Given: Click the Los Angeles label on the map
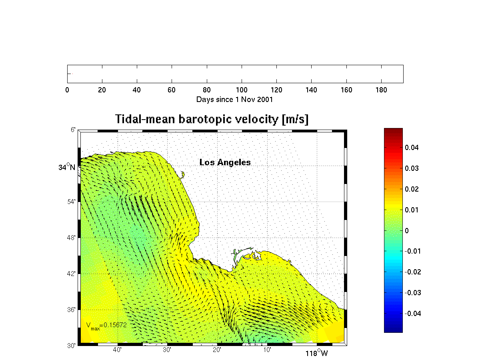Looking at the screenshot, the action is coord(225,162).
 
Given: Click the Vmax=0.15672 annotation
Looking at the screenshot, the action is coord(106,326).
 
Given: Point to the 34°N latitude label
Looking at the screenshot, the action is coord(67,167).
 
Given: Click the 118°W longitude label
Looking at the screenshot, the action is coord(316,353).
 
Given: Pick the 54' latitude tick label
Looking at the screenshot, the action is coord(71,202).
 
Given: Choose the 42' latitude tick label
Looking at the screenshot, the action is coord(71,274).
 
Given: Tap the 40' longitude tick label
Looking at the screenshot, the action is coord(117,350).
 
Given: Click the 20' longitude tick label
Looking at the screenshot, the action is coord(217,350).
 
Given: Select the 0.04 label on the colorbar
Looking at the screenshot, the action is coord(411,148).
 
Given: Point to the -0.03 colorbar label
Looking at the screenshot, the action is coord(412,293).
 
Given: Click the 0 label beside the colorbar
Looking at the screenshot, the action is coord(406,231).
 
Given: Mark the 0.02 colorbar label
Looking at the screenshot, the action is coord(411,189).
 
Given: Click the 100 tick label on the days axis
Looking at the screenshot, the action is coord(242,90).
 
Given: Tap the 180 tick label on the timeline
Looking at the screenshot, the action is coord(381,90).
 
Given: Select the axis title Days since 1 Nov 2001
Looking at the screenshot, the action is coord(234,100).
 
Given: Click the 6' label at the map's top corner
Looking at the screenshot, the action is coord(73,130).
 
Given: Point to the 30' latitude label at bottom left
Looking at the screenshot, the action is coord(71,346).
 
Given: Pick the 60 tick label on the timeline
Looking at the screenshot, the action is coord(172,90).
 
